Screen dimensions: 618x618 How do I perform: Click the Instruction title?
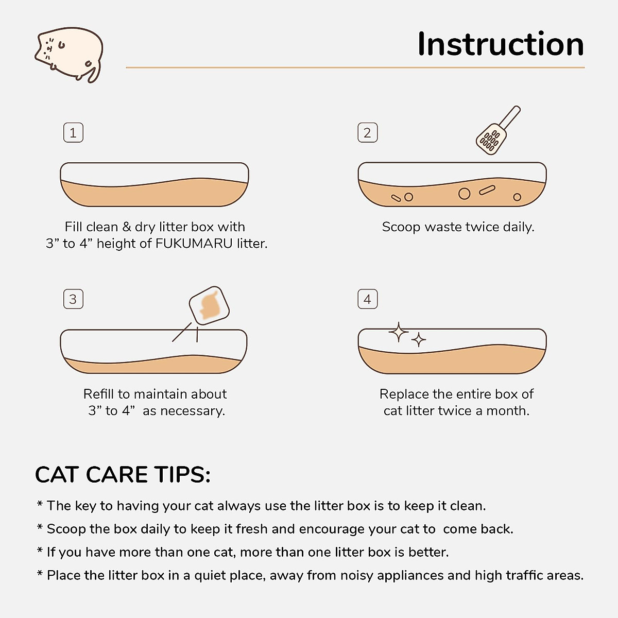(500, 44)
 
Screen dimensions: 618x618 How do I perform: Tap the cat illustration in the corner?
(70, 54)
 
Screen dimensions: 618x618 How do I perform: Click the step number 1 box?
(73, 133)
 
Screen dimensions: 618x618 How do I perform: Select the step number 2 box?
(367, 133)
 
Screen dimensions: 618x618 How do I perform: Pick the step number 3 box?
(73, 299)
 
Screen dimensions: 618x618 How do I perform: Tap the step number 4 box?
(367, 299)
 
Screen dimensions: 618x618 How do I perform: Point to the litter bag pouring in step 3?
(209, 305)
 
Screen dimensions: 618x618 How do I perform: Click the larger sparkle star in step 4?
(398, 333)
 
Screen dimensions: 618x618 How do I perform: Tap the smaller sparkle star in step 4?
(419, 340)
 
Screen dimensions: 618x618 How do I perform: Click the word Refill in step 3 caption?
(99, 394)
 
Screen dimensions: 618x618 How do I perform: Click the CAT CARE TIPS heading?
(123, 475)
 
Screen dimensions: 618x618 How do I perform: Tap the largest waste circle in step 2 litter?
(464, 194)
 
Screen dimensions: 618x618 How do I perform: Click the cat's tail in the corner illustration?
(93, 73)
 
